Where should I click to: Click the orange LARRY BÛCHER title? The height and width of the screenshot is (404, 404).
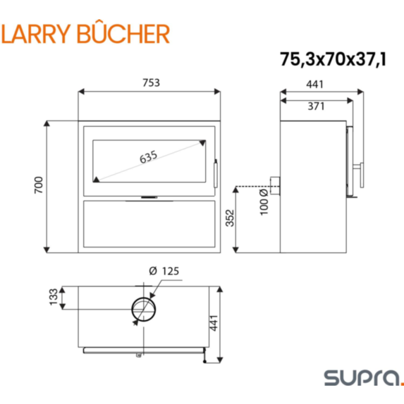point(85,34)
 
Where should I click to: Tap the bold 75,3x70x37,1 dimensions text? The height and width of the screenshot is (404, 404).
point(333,59)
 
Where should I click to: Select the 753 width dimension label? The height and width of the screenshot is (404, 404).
point(152,82)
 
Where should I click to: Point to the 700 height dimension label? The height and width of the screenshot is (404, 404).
point(39,185)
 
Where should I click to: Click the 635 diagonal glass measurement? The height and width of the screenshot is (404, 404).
point(148,157)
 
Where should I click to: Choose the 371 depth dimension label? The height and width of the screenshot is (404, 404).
point(316,106)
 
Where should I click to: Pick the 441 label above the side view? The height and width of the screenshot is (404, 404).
point(314,84)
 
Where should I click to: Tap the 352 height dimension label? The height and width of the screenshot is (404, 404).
point(230,218)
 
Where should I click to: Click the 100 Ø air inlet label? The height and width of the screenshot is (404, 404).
point(264,202)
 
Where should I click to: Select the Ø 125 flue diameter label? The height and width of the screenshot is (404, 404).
point(164,271)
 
